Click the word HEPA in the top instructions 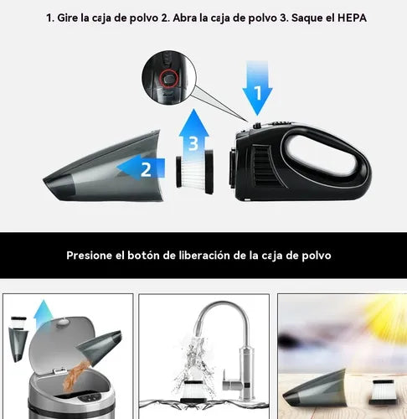coord(344,18)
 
